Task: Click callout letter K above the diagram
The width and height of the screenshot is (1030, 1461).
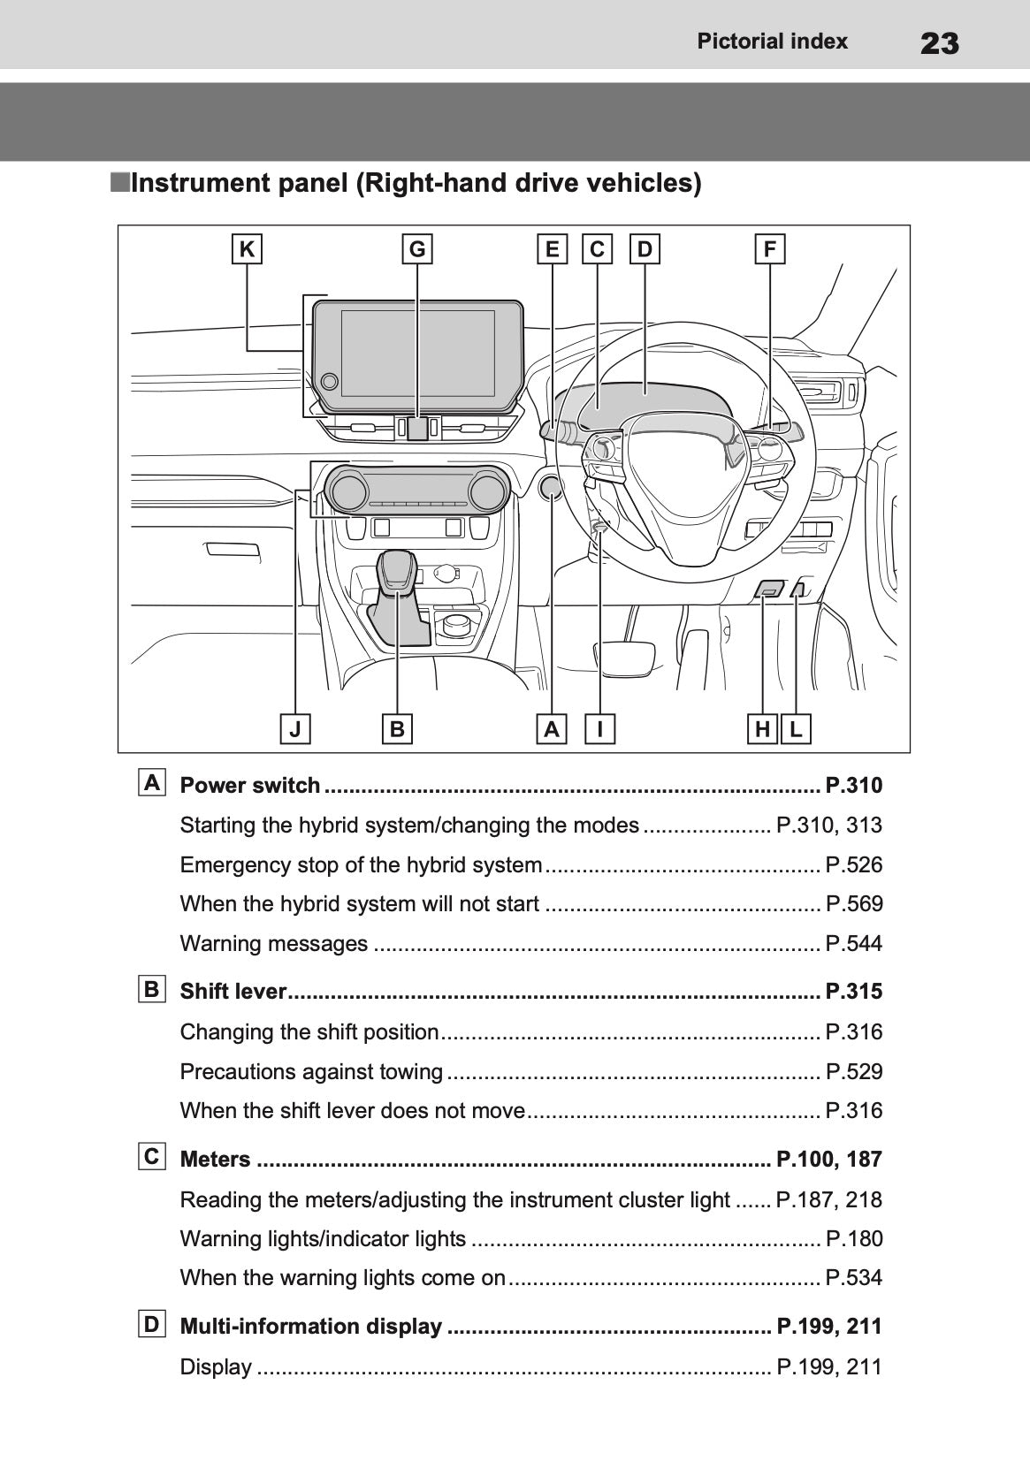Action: [247, 249]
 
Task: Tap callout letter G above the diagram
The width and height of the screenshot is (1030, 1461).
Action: [417, 249]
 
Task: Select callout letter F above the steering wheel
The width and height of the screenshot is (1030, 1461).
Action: [769, 249]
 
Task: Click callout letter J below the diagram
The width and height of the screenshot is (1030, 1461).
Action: [295, 729]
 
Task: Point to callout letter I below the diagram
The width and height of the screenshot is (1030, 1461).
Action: [600, 729]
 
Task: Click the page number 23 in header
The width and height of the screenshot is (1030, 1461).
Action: [939, 42]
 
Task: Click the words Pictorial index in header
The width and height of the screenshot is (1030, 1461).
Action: [772, 42]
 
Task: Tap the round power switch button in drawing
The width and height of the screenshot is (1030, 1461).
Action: [551, 487]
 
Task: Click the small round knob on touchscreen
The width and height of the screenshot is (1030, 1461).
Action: [329, 381]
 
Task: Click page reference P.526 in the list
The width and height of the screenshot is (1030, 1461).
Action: [853, 864]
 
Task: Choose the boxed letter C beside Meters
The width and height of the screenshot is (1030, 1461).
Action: [152, 1156]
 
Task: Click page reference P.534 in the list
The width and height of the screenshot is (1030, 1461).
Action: [853, 1277]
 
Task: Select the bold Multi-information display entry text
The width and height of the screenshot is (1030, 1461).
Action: [310, 1326]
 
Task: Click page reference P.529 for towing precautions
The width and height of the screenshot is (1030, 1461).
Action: [853, 1071]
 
